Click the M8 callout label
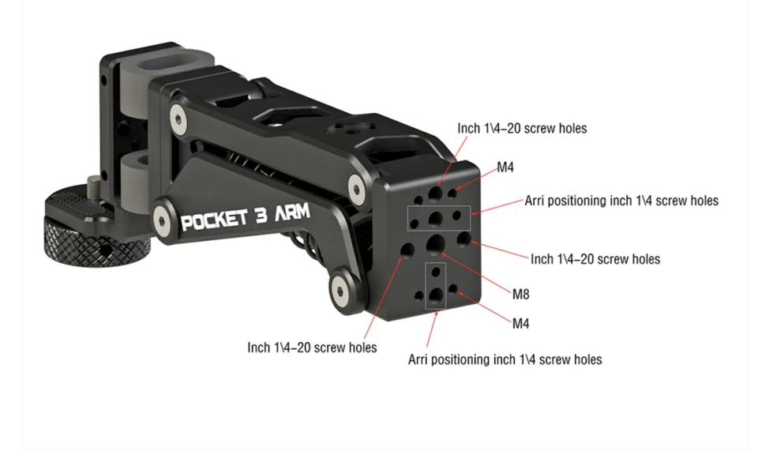point(520,295)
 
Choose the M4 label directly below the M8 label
point(520,323)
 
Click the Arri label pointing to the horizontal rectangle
point(621,201)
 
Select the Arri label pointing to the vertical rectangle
point(505,360)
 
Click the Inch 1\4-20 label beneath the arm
point(312,348)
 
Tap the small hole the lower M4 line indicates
point(453,291)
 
